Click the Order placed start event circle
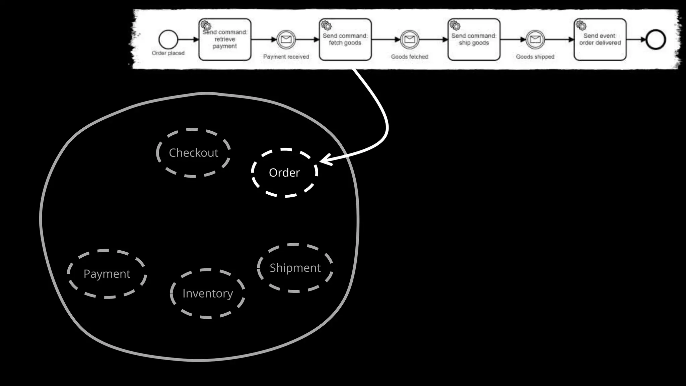[168, 40]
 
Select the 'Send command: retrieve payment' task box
[225, 40]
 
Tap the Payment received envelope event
[286, 40]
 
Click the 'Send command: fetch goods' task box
[345, 40]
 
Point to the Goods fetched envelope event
[409, 40]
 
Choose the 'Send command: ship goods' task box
[474, 40]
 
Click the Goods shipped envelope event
[535, 40]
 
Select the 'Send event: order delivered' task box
[600, 40]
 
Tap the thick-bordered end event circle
[656, 40]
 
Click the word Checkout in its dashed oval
[194, 153]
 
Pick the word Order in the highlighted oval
[284, 173]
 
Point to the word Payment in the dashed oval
[107, 274]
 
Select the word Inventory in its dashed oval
[208, 294]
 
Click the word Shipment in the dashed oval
[295, 268]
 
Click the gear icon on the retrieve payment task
[206, 25]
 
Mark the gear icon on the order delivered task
[581, 25]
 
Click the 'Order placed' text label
[168, 53]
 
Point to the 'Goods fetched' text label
[409, 57]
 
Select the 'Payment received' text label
[286, 57]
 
